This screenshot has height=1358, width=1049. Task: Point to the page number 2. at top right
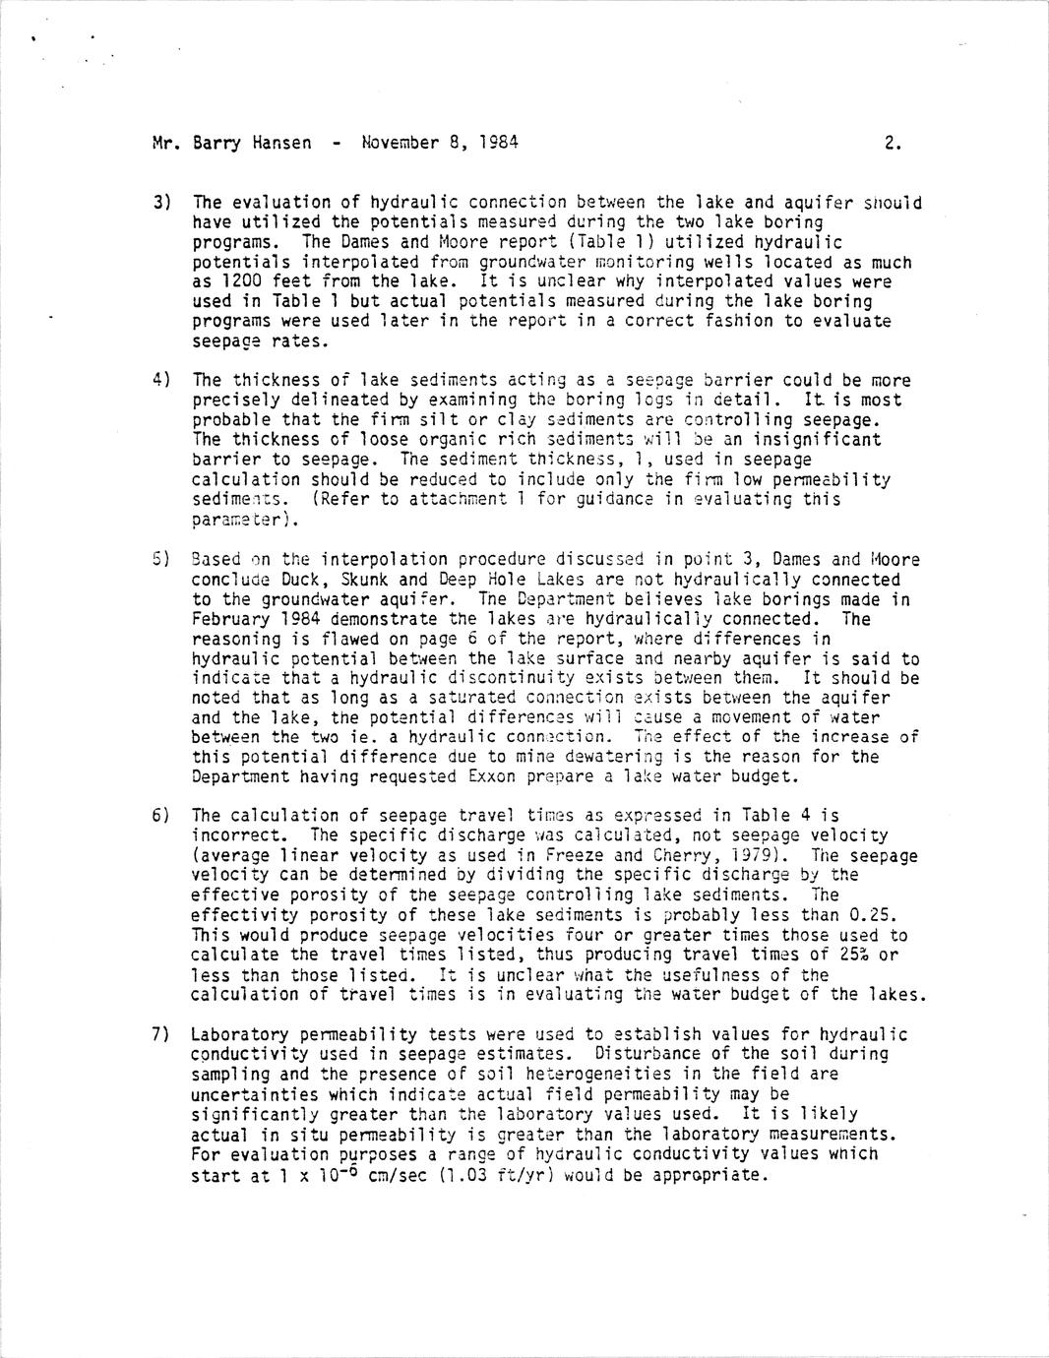click(x=893, y=143)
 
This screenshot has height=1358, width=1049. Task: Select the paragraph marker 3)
click(x=162, y=203)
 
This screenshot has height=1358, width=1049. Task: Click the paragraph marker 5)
click(x=162, y=559)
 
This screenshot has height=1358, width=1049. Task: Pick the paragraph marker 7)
click(x=162, y=1034)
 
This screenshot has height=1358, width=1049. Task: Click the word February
click(x=230, y=619)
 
